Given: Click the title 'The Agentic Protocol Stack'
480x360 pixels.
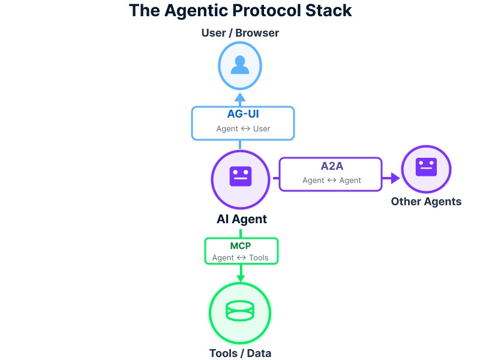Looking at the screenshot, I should (x=240, y=11).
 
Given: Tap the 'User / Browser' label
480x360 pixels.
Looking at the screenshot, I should (x=240, y=32).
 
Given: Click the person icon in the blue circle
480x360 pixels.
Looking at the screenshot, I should (x=240, y=64).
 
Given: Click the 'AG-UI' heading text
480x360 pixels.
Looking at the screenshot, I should (x=243, y=114).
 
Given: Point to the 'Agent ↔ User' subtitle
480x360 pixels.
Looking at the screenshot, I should (x=243, y=128).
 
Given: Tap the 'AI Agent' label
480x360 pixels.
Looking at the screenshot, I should (x=241, y=219).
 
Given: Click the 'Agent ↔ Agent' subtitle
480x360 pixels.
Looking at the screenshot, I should (x=331, y=180).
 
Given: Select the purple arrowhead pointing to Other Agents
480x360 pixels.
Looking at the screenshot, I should (x=394, y=178).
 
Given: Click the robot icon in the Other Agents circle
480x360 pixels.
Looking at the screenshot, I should (x=427, y=167).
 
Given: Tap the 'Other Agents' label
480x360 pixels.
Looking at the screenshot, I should (x=426, y=201).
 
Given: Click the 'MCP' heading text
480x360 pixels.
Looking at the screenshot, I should (x=241, y=246).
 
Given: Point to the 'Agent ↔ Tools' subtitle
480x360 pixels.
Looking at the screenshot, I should (x=241, y=258).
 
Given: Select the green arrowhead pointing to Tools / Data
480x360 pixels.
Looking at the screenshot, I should (x=241, y=278).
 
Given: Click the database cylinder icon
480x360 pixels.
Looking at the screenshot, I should (x=240, y=311).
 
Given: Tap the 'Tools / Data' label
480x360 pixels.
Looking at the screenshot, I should (x=240, y=353).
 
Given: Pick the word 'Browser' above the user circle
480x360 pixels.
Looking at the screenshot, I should (x=257, y=32).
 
